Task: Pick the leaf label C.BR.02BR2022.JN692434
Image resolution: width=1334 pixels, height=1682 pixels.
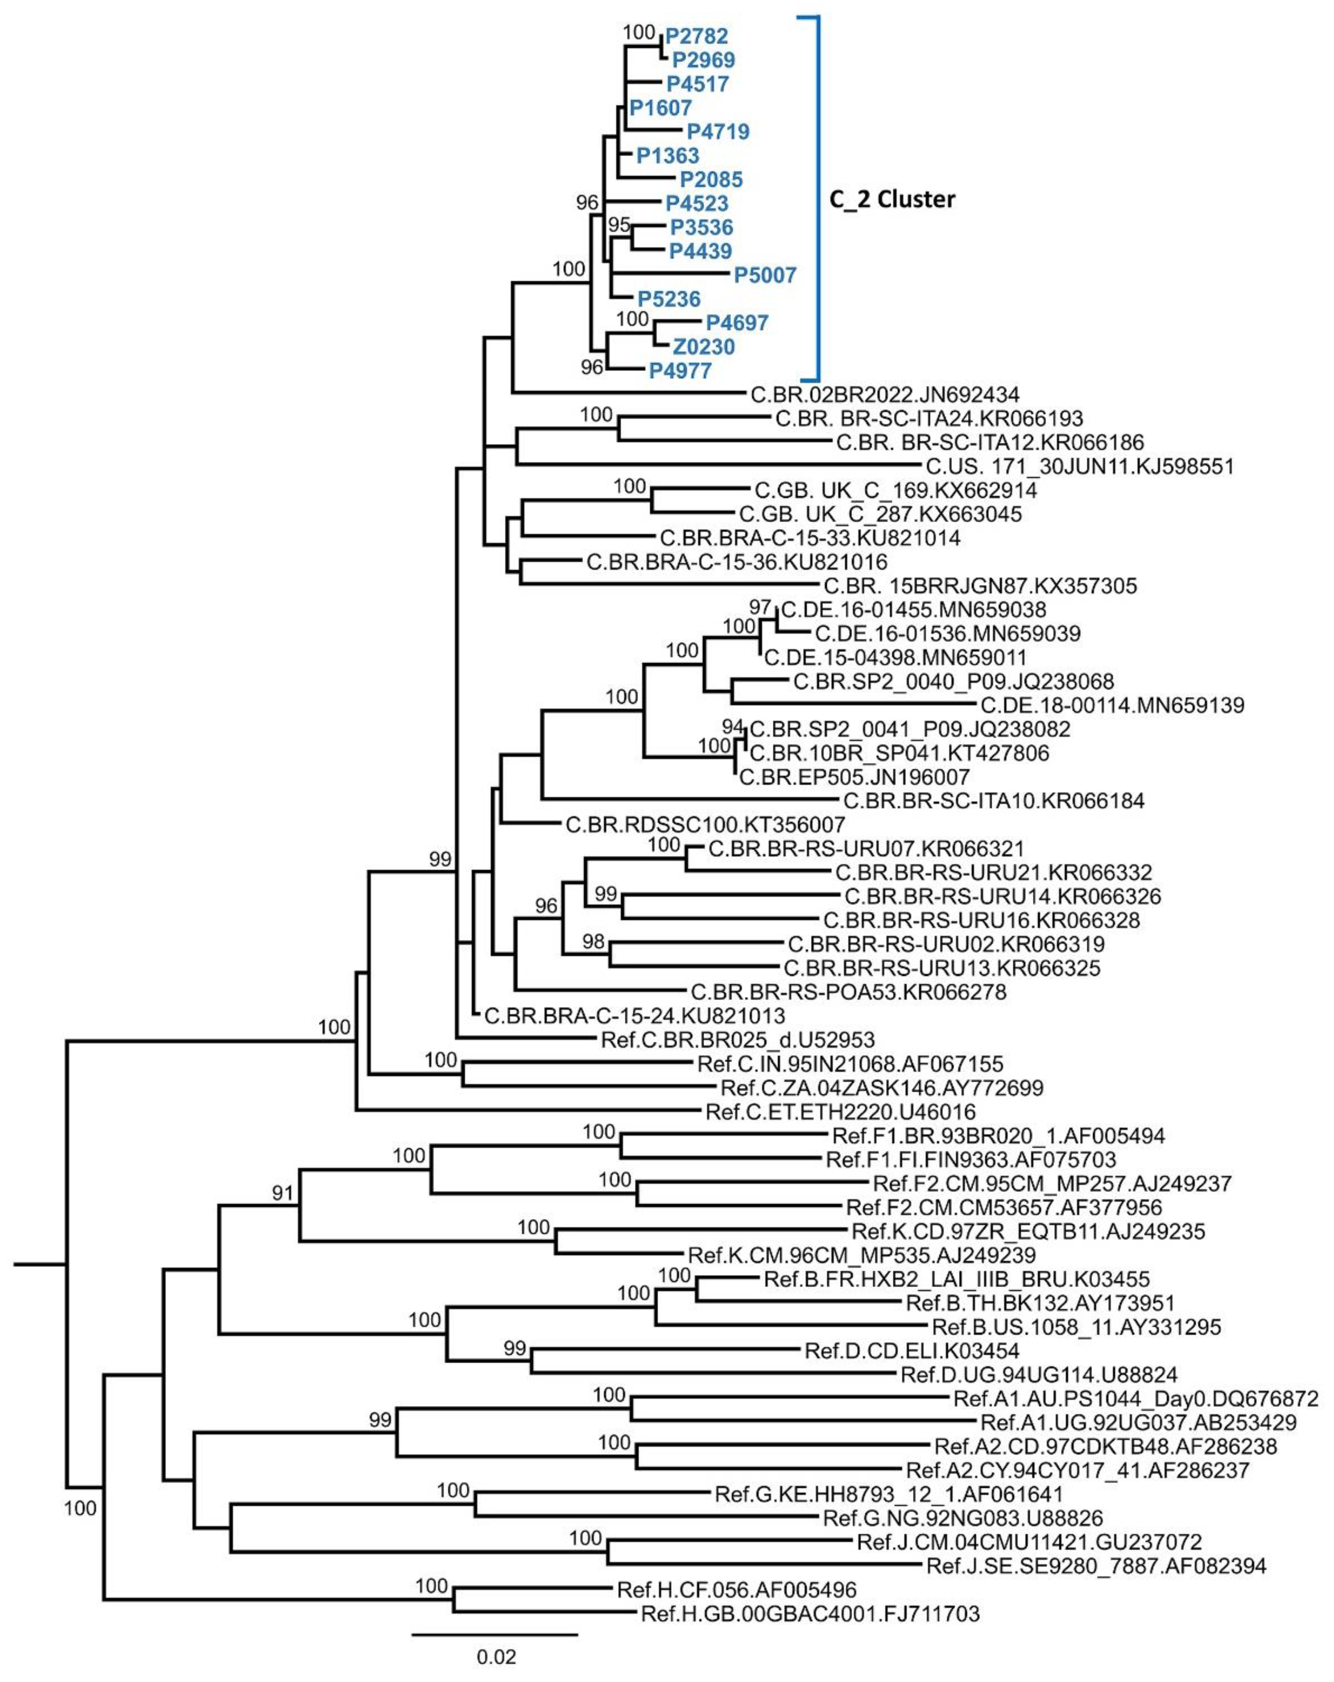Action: coord(884,395)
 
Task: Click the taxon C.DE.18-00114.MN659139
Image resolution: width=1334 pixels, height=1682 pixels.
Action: coord(1112,705)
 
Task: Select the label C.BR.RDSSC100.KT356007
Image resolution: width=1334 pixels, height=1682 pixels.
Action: coord(705,825)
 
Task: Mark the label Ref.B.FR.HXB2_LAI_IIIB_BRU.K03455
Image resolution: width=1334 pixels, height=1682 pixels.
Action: coord(956,1279)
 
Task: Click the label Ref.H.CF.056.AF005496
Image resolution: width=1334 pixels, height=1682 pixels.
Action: coord(736,1590)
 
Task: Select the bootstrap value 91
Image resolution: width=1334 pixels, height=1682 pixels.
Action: coord(282,1193)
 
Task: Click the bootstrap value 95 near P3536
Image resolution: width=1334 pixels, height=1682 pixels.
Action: coord(619,225)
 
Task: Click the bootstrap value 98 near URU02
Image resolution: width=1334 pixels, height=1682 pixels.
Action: coord(593,942)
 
